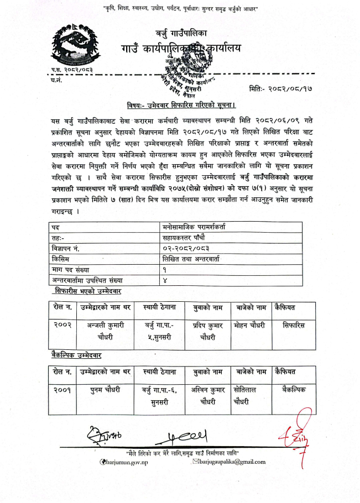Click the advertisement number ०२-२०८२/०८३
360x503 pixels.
pos(185,248)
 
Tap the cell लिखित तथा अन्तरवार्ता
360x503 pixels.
pos(191,259)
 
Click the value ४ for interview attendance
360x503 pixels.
pos(165,280)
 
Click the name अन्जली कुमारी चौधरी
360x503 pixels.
pos(105,330)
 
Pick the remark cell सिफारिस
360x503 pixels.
pos(293,325)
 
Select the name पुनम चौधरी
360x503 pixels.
pos(105,391)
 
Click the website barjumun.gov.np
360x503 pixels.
pos(125,462)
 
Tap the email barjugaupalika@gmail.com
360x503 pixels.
pos(229,462)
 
